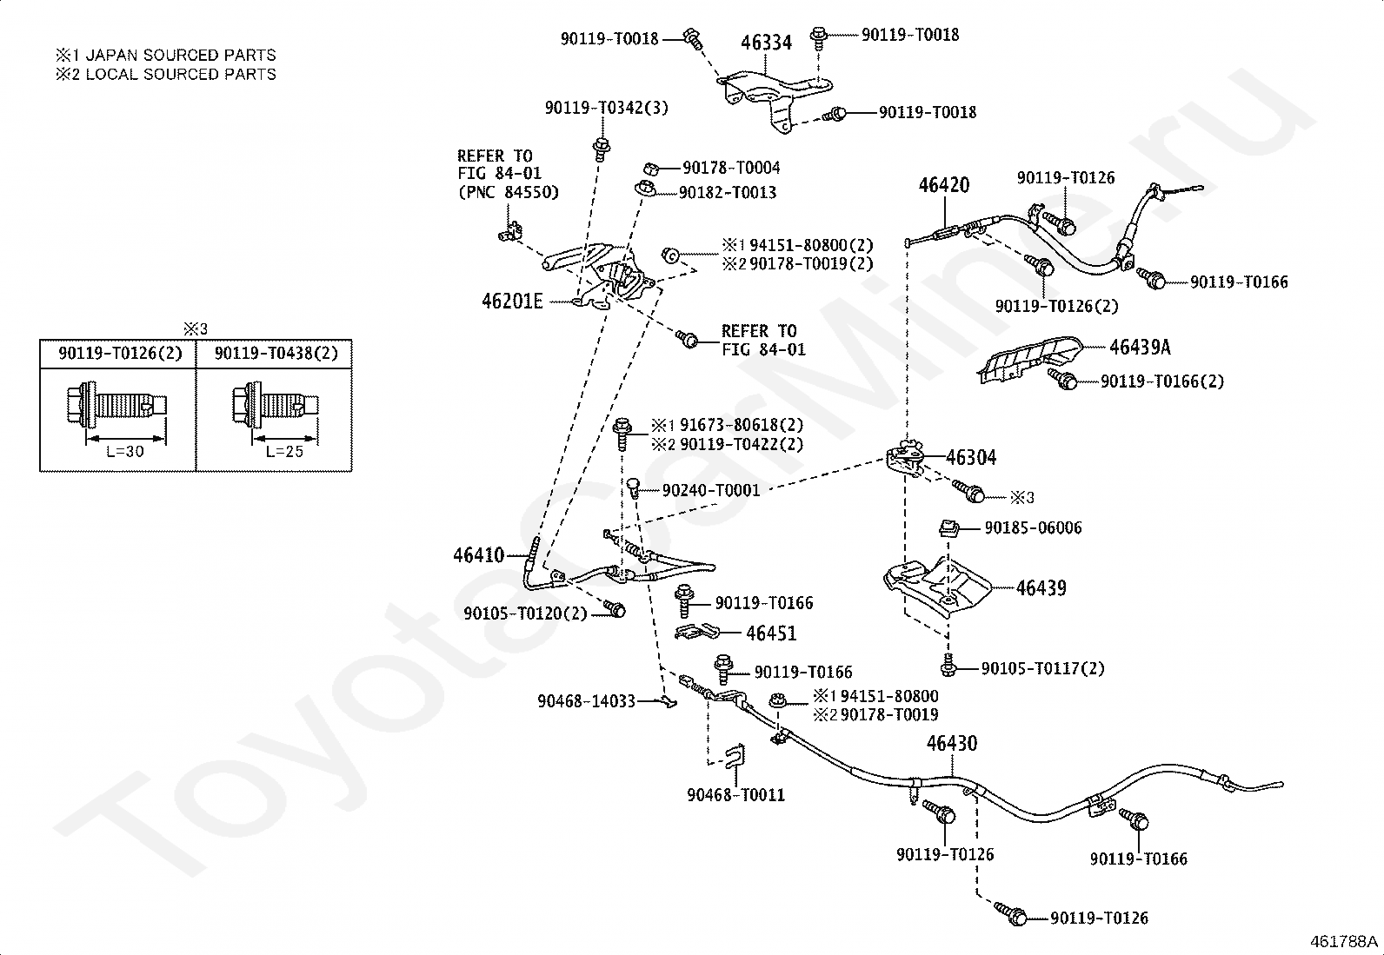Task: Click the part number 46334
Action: pyautogui.click(x=766, y=43)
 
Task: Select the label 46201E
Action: pyautogui.click(x=512, y=302)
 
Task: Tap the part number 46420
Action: pyautogui.click(x=943, y=185)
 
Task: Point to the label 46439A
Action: pyautogui.click(x=1140, y=348)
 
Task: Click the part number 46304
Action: pyautogui.click(x=971, y=458)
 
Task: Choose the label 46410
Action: pyautogui.click(x=479, y=555)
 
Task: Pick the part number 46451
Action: pyautogui.click(x=771, y=633)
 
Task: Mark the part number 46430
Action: pyautogui.click(x=951, y=743)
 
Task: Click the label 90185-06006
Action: pyautogui.click(x=1033, y=528)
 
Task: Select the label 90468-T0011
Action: pyautogui.click(x=735, y=795)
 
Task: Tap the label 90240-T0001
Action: pyautogui.click(x=711, y=490)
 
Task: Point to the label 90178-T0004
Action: pyautogui.click(x=731, y=168)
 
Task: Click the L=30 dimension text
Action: pyautogui.click(x=125, y=452)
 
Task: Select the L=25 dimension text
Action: pyautogui.click(x=285, y=452)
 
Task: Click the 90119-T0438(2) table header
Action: pyautogui.click(x=276, y=354)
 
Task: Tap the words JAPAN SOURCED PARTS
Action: pyautogui.click(x=181, y=55)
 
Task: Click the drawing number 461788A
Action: pyautogui.click(x=1343, y=942)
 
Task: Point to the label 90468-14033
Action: pyautogui.click(x=586, y=701)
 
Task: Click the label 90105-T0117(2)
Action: pyautogui.click(x=1043, y=668)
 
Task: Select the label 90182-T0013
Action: pyautogui.click(x=728, y=193)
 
